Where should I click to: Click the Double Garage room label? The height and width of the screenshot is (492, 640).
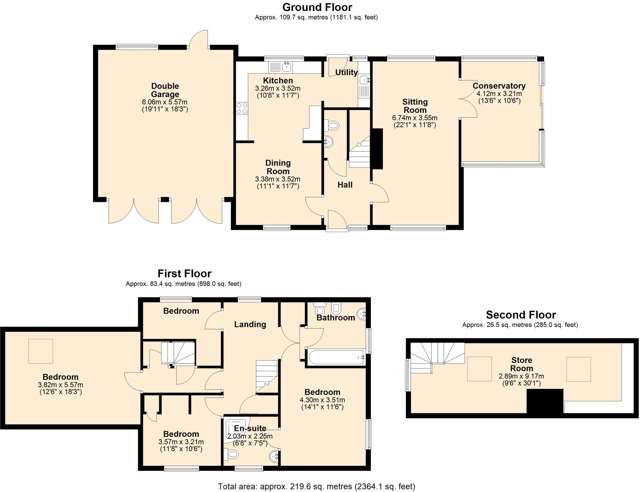165,90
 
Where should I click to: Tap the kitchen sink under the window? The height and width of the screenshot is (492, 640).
281,67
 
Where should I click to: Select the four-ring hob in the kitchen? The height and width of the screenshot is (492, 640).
242,108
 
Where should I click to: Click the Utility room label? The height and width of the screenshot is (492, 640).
346,72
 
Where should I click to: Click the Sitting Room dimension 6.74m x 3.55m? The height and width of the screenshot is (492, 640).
415,118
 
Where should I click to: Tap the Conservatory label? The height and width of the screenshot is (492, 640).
499,86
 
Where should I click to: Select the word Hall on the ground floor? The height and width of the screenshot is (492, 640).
345,185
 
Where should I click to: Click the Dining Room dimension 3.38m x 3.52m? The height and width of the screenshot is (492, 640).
278,179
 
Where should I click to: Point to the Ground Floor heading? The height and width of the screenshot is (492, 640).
317,7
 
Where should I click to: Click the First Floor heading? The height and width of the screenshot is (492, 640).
184,274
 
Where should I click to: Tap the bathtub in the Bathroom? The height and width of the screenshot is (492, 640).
336,357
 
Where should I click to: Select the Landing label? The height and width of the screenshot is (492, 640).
250,324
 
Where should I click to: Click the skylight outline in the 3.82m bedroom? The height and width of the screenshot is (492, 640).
41,351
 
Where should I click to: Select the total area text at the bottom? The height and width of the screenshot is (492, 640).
317,486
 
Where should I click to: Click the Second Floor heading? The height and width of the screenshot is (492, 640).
521,314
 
